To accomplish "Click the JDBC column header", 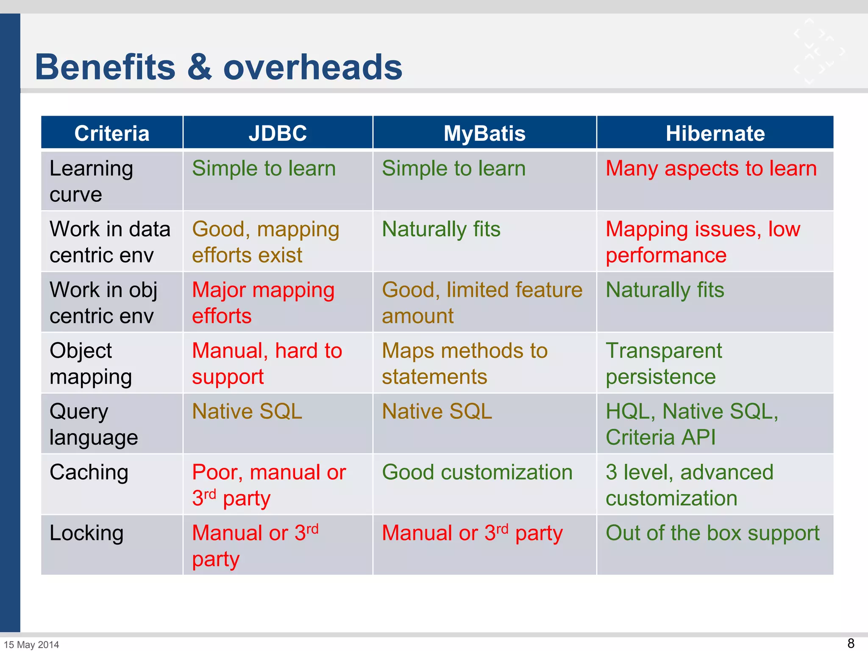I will coord(278,133).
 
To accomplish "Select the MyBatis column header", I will coord(484,133).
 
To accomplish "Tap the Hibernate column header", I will coord(715,133).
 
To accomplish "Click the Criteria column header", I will coord(112,133).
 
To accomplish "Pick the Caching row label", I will coord(89,472).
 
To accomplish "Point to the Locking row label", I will coord(86,533).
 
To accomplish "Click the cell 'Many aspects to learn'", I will coord(711,169).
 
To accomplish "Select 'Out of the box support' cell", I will coord(712,533).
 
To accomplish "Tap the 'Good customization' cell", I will coord(477,472).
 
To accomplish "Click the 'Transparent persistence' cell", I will coord(663,364).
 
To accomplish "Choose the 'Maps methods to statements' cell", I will coord(464,364).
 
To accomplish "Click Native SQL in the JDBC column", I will coord(247,412).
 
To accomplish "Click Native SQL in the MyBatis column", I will coord(437,412).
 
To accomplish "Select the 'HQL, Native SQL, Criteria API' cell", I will coord(692,424).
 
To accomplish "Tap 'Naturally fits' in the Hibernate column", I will coord(665,290).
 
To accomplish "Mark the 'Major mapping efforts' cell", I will coord(263,303).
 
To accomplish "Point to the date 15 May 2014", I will coord(31,645).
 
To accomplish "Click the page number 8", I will coord(851,643).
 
